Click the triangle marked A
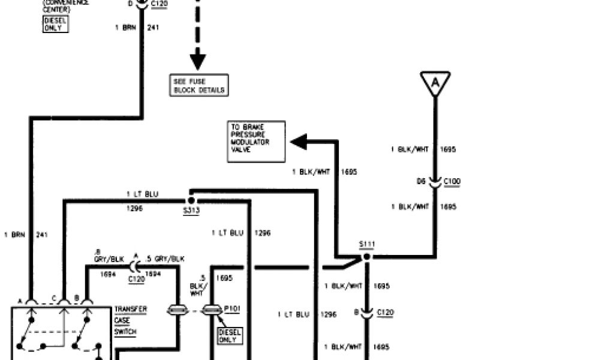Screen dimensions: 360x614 click(x=435, y=82)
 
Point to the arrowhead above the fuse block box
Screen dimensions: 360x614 click(x=198, y=61)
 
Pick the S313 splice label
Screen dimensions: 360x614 click(x=191, y=211)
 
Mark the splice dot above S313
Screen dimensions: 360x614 click(x=191, y=200)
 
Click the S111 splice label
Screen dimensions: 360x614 click(x=366, y=244)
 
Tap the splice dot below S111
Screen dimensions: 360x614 click(x=367, y=257)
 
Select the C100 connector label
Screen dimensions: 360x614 click(x=453, y=181)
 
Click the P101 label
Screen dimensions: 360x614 click(x=232, y=309)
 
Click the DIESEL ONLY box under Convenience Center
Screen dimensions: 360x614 click(x=56, y=24)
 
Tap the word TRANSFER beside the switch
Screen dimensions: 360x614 click(x=131, y=310)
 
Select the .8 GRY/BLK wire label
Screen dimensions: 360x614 click(x=109, y=256)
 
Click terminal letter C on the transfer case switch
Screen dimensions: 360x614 click(x=53, y=299)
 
